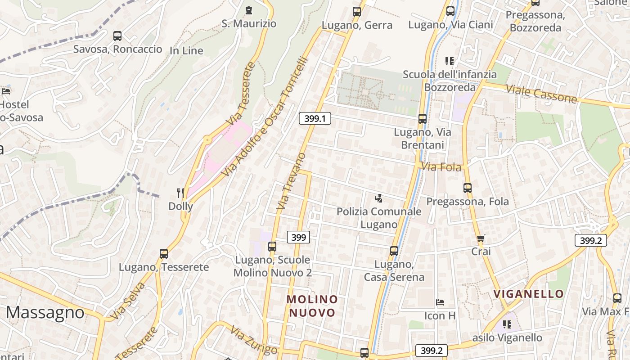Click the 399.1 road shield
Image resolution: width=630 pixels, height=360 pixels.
(x=315, y=118)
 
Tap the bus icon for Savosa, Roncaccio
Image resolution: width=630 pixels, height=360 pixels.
(x=117, y=36)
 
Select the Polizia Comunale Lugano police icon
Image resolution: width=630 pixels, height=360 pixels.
(x=379, y=198)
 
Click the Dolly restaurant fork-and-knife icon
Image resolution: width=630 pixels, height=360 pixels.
(x=180, y=193)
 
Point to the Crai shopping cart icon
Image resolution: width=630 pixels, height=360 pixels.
(x=481, y=238)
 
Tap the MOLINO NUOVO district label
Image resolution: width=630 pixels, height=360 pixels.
(x=312, y=306)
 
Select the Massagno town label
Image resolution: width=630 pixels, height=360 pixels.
(x=45, y=312)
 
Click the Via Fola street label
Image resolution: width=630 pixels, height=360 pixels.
(x=442, y=167)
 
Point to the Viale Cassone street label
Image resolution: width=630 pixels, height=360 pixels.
(x=541, y=94)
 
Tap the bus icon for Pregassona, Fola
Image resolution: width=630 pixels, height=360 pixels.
(x=468, y=188)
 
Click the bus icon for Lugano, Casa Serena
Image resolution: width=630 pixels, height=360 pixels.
(x=394, y=251)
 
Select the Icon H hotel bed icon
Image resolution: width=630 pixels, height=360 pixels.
(x=440, y=302)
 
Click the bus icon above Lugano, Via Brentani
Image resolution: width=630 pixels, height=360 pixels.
(x=422, y=119)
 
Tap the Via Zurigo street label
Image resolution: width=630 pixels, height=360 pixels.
(x=253, y=340)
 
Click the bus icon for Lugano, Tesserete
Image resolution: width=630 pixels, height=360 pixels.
(x=164, y=254)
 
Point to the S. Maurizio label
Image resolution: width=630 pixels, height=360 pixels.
(x=249, y=23)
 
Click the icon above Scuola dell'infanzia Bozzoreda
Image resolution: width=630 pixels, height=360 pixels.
(x=449, y=61)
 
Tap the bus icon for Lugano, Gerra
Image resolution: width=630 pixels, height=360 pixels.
(x=357, y=12)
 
